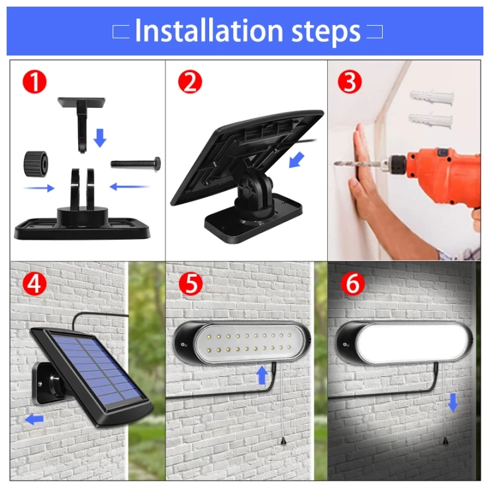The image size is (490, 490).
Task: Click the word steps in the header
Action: click(x=323, y=31)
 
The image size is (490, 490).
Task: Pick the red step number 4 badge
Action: click(x=34, y=283)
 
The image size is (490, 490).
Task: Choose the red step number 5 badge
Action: click(x=191, y=283)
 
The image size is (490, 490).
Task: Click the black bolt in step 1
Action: click(x=135, y=162)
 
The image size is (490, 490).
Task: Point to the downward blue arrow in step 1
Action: click(x=100, y=138)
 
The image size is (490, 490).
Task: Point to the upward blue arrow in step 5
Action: click(x=262, y=375)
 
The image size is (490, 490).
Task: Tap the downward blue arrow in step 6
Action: click(x=453, y=401)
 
